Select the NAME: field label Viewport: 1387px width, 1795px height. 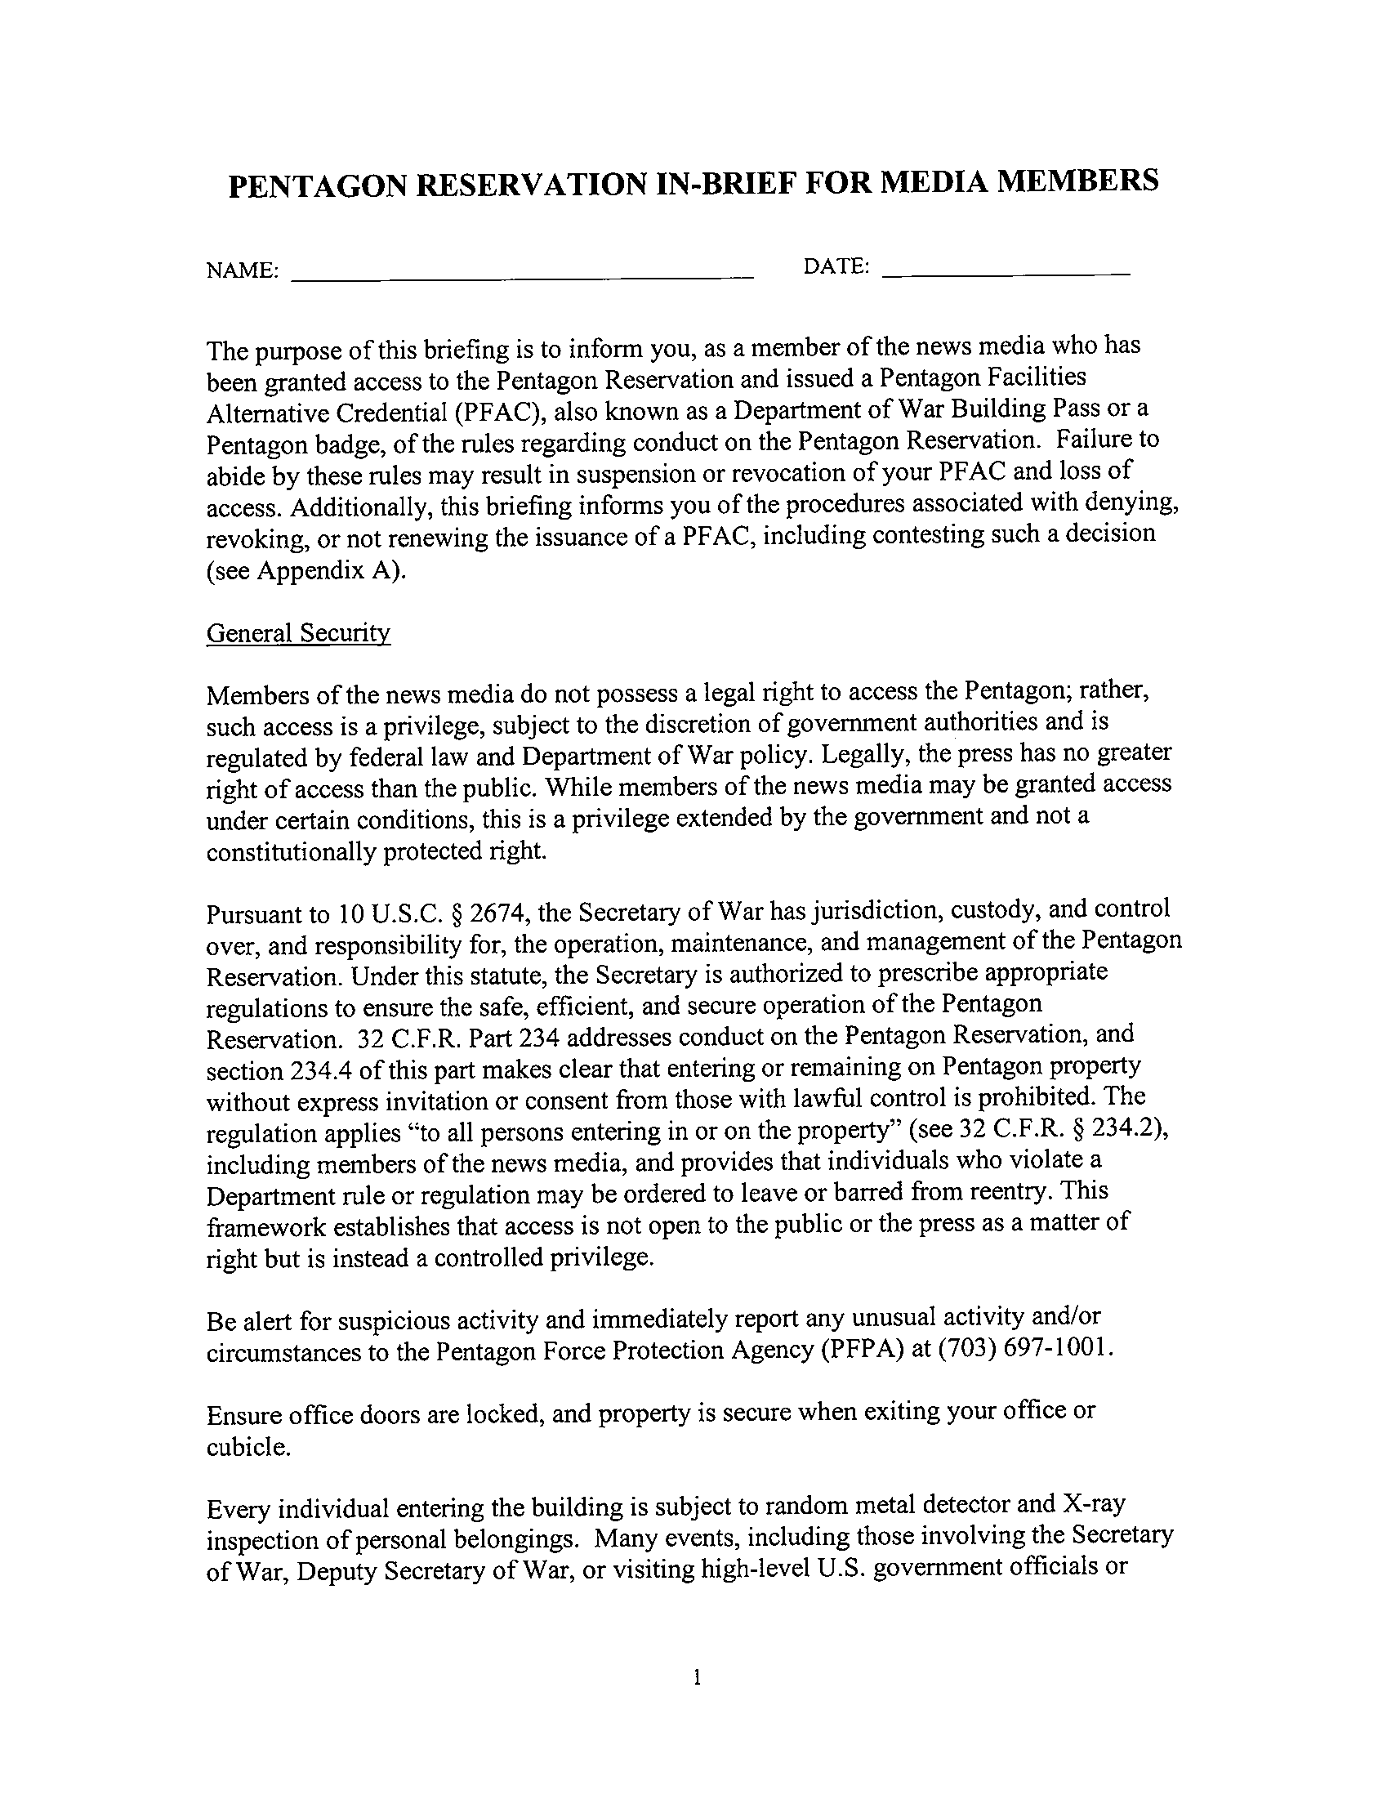point(243,270)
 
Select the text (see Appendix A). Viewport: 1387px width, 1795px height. point(305,570)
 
